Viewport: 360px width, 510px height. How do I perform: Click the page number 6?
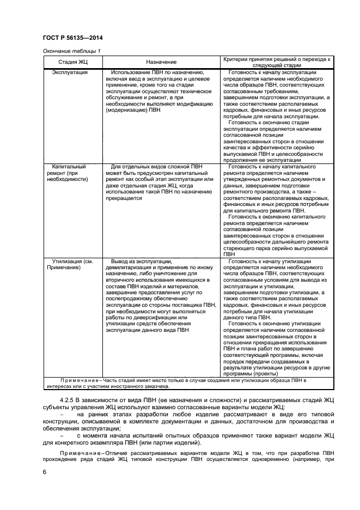44,471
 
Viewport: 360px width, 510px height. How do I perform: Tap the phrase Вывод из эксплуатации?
139,261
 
